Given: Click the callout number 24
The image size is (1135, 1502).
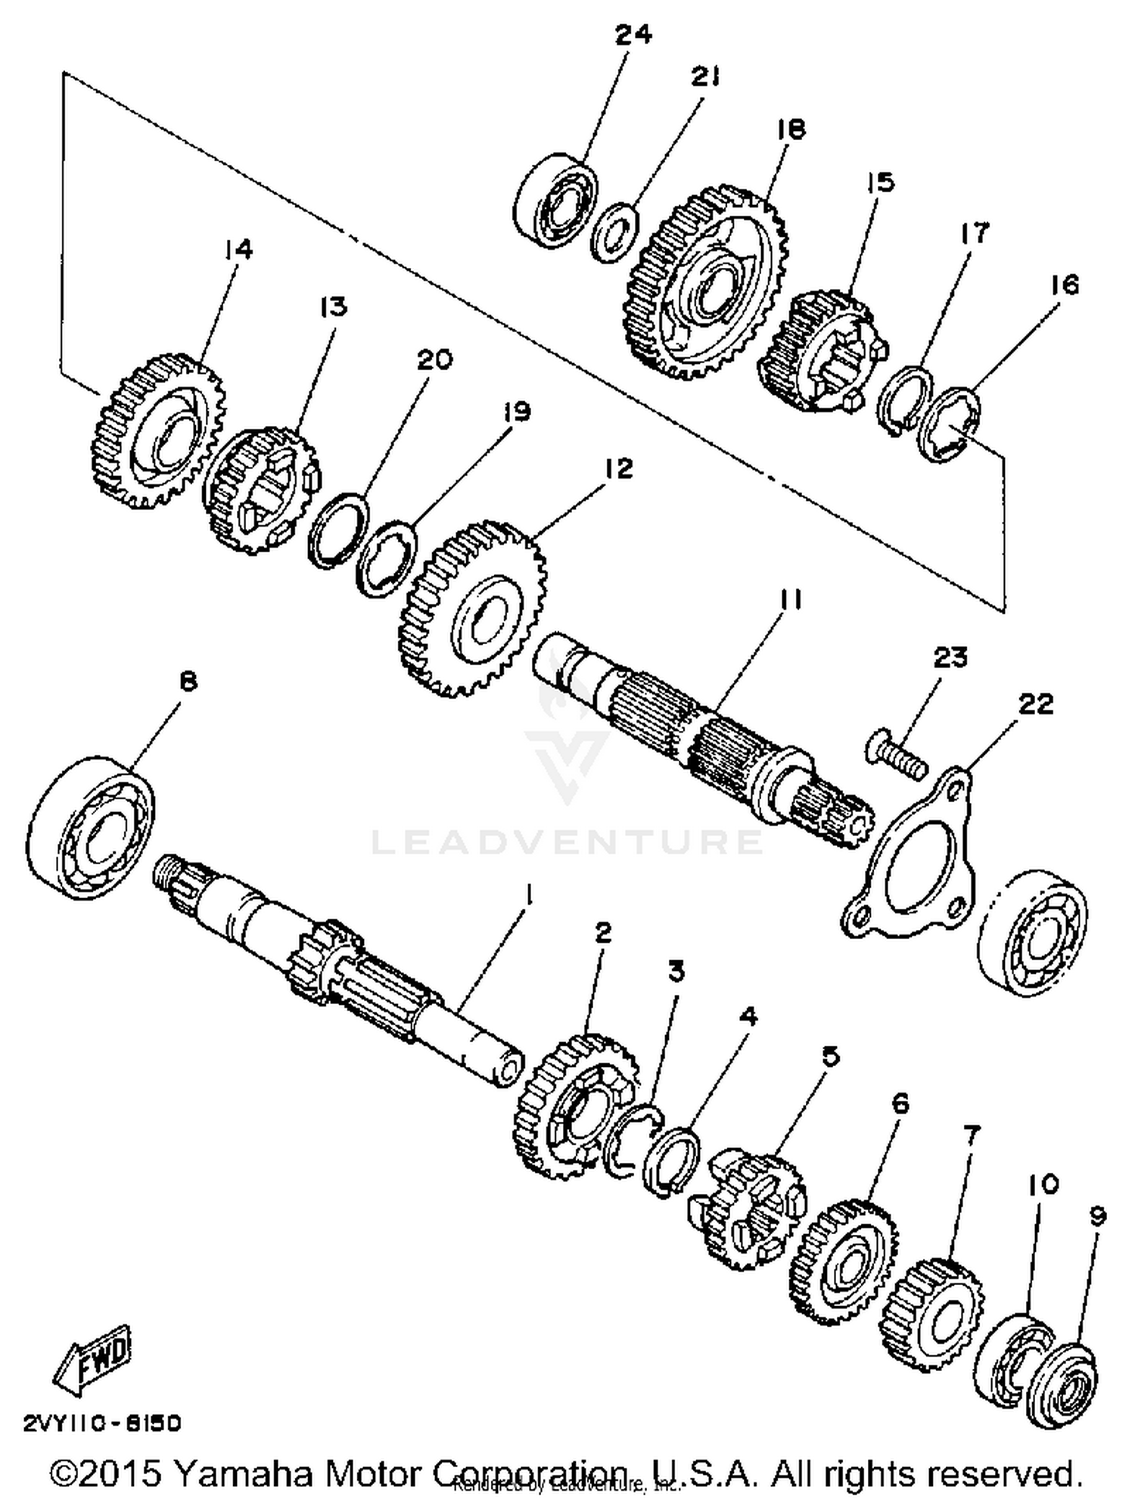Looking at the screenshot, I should (x=633, y=36).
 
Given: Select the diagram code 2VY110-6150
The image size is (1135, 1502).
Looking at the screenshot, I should (x=103, y=1423).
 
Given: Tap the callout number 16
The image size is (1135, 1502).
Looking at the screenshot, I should (x=1063, y=285).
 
